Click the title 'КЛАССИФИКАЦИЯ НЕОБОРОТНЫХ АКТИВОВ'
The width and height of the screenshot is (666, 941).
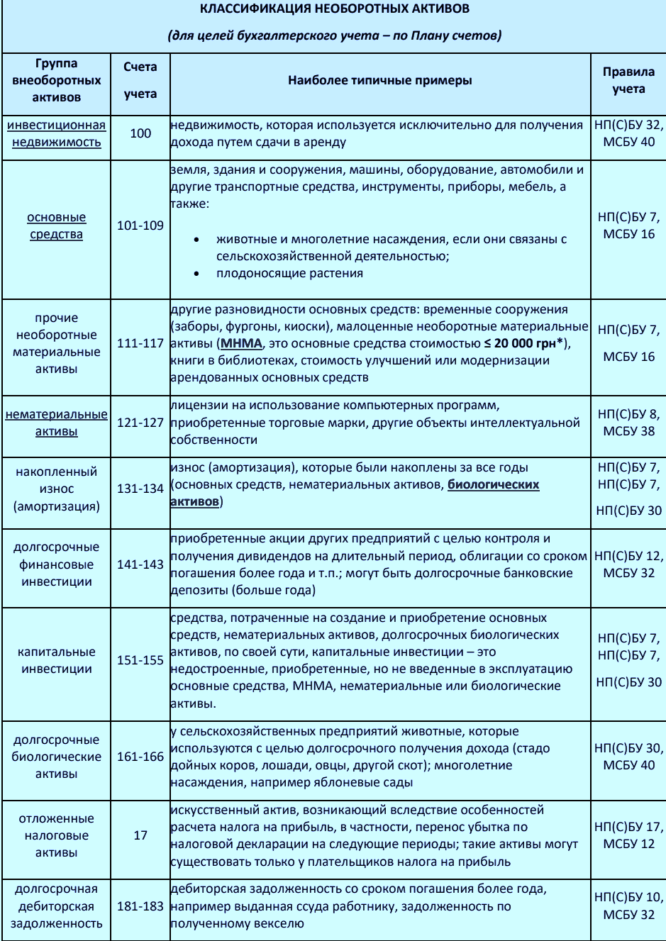coord(334,9)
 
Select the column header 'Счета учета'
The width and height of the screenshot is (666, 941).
coord(140,80)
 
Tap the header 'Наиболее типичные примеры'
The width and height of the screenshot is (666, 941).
coord(379,80)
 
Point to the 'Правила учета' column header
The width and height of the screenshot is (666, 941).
coord(628,80)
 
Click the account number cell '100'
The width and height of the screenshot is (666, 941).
coord(140,133)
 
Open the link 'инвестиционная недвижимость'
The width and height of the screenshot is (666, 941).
coord(56,133)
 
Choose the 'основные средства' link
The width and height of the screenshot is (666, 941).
coord(56,225)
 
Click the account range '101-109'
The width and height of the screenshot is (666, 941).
coord(140,225)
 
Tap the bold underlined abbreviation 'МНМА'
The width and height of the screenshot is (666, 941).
coord(241,343)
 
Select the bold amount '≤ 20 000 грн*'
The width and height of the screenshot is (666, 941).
coord(526,343)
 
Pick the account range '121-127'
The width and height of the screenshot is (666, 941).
coord(140,423)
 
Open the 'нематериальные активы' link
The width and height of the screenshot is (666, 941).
coord(56,423)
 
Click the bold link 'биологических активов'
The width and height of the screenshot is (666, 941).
coord(493,485)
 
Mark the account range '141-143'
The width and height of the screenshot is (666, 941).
coord(140,564)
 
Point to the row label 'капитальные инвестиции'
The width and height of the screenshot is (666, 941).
coord(56,660)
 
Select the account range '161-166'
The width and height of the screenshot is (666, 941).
coord(140,757)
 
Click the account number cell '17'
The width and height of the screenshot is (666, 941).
coord(140,835)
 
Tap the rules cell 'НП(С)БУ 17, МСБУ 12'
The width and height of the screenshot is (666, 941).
coord(628,835)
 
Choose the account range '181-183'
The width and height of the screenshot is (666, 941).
coord(140,906)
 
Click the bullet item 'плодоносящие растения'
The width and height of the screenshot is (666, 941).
coord(289,274)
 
